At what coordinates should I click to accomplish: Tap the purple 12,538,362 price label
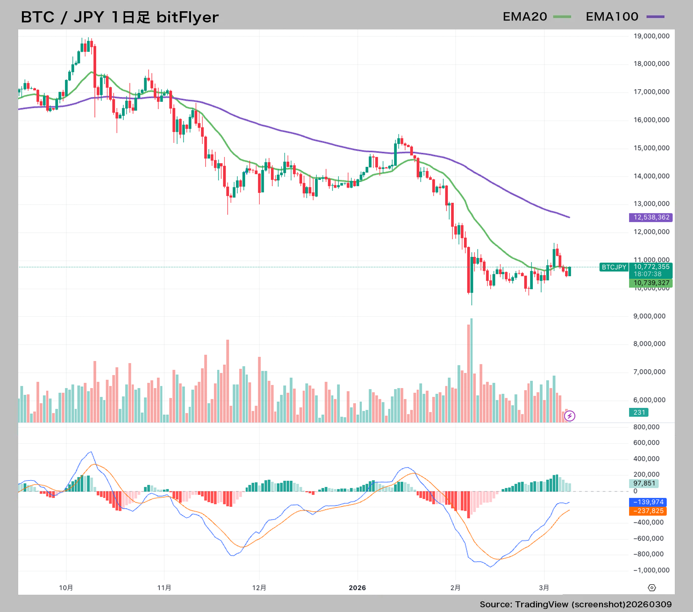(x=651, y=217)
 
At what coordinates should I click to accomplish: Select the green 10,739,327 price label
(x=651, y=283)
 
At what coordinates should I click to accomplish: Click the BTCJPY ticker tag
(x=614, y=267)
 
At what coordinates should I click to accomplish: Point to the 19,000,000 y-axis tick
(x=651, y=36)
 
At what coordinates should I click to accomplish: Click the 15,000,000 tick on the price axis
(x=651, y=148)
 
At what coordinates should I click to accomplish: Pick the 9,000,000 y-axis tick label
(x=649, y=316)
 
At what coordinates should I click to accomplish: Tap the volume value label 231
(x=639, y=413)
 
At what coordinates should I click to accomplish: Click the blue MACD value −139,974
(x=648, y=502)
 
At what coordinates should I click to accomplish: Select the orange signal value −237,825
(x=648, y=511)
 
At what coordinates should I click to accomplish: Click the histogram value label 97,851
(x=644, y=484)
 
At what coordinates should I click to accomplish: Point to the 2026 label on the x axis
(x=357, y=588)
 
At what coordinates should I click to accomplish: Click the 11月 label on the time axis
(x=164, y=588)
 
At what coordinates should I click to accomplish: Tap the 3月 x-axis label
(x=544, y=588)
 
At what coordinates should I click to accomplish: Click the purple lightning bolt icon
(x=570, y=416)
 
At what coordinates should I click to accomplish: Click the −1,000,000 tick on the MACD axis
(x=651, y=570)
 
